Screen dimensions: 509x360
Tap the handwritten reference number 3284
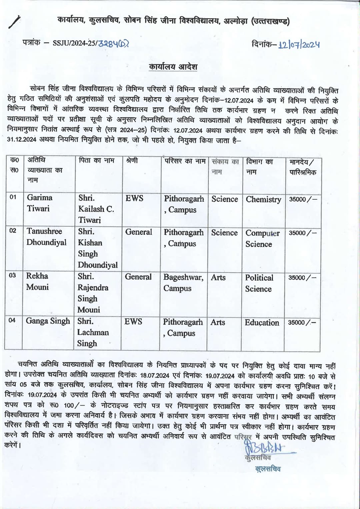point(113,43)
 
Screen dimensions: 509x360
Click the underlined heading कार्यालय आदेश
point(173,67)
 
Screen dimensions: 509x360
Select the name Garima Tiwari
point(39,203)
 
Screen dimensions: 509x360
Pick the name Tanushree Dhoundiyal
point(46,237)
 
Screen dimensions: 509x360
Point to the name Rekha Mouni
point(37,281)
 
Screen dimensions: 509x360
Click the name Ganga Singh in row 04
point(48,321)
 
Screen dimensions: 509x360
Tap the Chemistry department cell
point(263,199)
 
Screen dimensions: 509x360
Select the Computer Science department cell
point(262,238)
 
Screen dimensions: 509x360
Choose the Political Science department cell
point(259,283)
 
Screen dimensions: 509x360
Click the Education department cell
point(262,322)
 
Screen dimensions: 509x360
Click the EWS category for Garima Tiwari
point(134,198)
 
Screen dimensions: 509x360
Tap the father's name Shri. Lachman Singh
point(93,332)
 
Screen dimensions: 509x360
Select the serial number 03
point(12,276)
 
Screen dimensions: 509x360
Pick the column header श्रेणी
point(132,161)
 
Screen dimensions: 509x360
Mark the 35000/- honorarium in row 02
point(302,233)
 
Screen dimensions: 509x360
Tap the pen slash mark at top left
point(15,22)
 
